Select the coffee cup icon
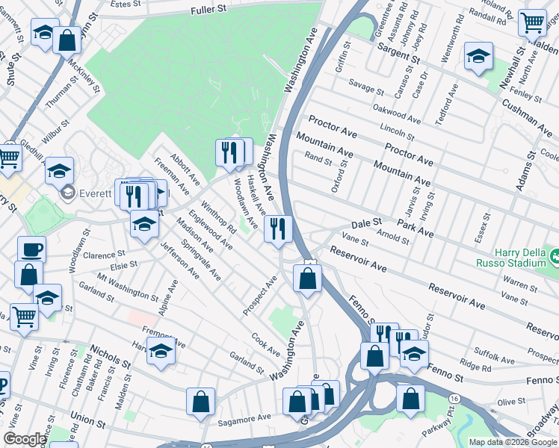click(x=31, y=249)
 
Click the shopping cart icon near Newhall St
click(x=532, y=23)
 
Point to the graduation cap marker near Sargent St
click(x=478, y=56)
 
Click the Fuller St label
click(x=209, y=10)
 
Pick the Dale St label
click(x=366, y=223)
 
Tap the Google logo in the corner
click(x=25, y=439)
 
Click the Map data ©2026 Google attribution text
click(x=513, y=442)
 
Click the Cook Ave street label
click(x=266, y=344)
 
